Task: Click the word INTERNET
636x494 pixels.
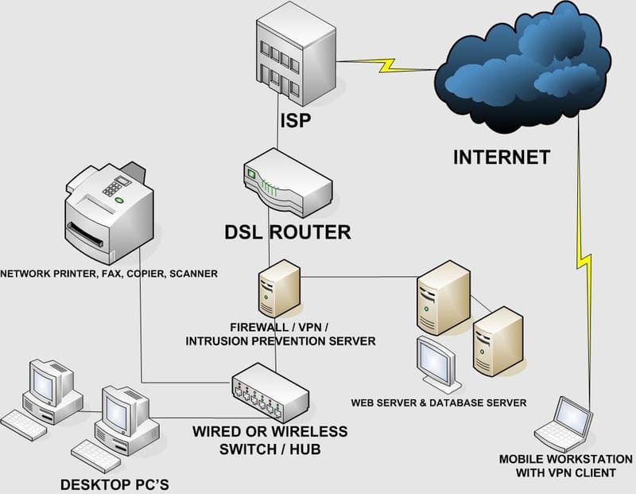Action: pyautogui.click(x=501, y=157)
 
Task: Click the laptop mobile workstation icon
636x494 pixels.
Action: pyautogui.click(x=565, y=425)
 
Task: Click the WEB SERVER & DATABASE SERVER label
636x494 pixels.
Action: pyautogui.click(x=440, y=403)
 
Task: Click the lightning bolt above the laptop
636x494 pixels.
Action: pyautogui.click(x=589, y=263)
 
